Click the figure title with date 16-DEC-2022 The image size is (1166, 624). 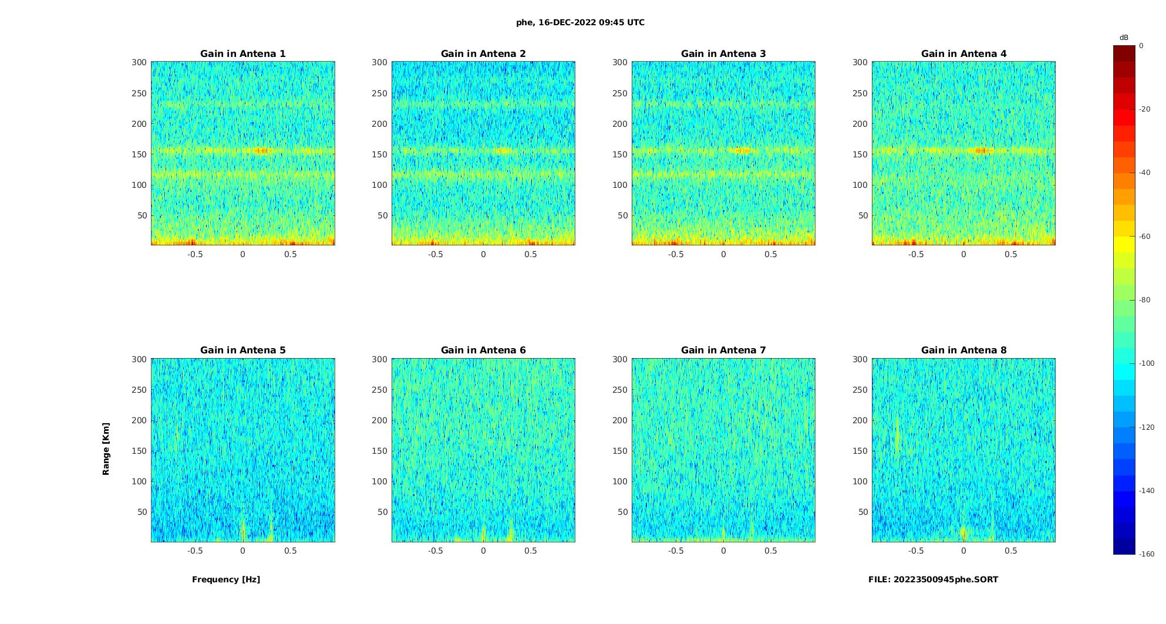(x=580, y=22)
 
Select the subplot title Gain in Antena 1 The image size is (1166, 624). (x=243, y=53)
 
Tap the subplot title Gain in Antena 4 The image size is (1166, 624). (x=963, y=53)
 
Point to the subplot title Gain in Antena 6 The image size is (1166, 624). (x=483, y=350)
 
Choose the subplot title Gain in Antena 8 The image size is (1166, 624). (x=963, y=350)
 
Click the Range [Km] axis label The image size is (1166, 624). (x=106, y=449)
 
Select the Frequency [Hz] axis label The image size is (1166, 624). (x=226, y=579)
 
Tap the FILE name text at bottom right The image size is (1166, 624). (x=933, y=579)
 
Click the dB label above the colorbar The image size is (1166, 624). (x=1124, y=38)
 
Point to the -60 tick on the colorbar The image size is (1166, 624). (x=1145, y=237)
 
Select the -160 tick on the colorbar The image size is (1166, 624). (x=1147, y=554)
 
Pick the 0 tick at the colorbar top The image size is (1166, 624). (x=1141, y=46)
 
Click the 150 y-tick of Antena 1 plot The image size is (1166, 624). (x=139, y=154)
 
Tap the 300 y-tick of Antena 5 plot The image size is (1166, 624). (x=139, y=359)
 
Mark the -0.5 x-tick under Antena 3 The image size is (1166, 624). (x=676, y=254)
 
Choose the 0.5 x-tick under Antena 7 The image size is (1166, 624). (x=771, y=551)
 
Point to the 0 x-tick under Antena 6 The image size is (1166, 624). (x=483, y=551)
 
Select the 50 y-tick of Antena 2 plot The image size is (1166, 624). (x=383, y=215)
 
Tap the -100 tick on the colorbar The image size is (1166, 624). (x=1147, y=363)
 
